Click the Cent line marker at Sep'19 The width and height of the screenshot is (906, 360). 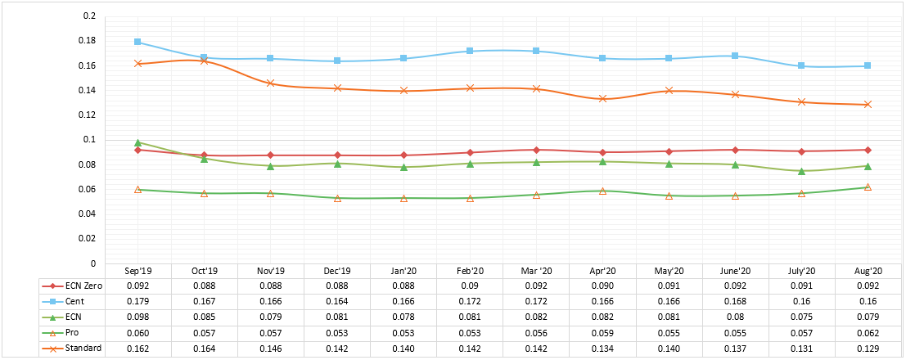(137, 42)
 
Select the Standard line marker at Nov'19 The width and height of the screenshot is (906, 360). (270, 83)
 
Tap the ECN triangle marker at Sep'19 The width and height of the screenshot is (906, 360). (137, 142)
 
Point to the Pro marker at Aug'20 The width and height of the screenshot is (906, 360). (868, 187)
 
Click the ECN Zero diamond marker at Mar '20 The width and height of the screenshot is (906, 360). (536, 150)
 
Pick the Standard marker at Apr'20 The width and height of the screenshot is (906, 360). (602, 98)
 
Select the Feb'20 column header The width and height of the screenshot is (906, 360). (469, 271)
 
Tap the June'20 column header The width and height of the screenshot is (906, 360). (735, 271)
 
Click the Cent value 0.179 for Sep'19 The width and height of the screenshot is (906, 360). (137, 301)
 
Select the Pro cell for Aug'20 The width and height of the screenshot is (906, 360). (868, 333)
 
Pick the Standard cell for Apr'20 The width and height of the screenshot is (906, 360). (602, 349)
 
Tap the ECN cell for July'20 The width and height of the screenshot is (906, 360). (801, 317)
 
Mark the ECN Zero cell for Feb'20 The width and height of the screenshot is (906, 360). (469, 286)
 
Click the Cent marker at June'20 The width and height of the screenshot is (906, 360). (735, 56)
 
